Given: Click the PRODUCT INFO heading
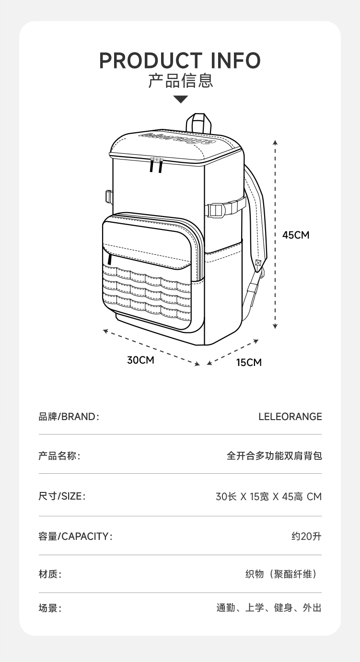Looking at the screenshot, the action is click(180, 61).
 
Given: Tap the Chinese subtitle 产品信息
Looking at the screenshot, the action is click(180, 81).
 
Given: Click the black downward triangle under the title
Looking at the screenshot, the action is click(181, 100).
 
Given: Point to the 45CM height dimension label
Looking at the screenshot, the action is click(296, 235).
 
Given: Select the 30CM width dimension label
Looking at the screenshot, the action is click(140, 360).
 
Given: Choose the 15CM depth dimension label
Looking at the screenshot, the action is click(249, 363).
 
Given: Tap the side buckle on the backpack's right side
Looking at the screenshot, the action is click(217, 210).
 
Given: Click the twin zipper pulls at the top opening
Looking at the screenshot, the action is click(156, 164).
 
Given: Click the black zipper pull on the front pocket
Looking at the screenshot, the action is click(110, 259).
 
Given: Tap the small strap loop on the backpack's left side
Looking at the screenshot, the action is click(108, 196).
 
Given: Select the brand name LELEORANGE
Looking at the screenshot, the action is click(290, 417).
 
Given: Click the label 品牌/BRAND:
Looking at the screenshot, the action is click(69, 417).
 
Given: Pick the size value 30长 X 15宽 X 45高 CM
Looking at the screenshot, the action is click(268, 497).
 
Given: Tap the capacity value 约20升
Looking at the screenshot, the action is click(306, 536).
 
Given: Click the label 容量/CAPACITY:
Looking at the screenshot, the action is click(75, 536).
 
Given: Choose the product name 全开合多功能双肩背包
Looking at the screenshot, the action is click(274, 456).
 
